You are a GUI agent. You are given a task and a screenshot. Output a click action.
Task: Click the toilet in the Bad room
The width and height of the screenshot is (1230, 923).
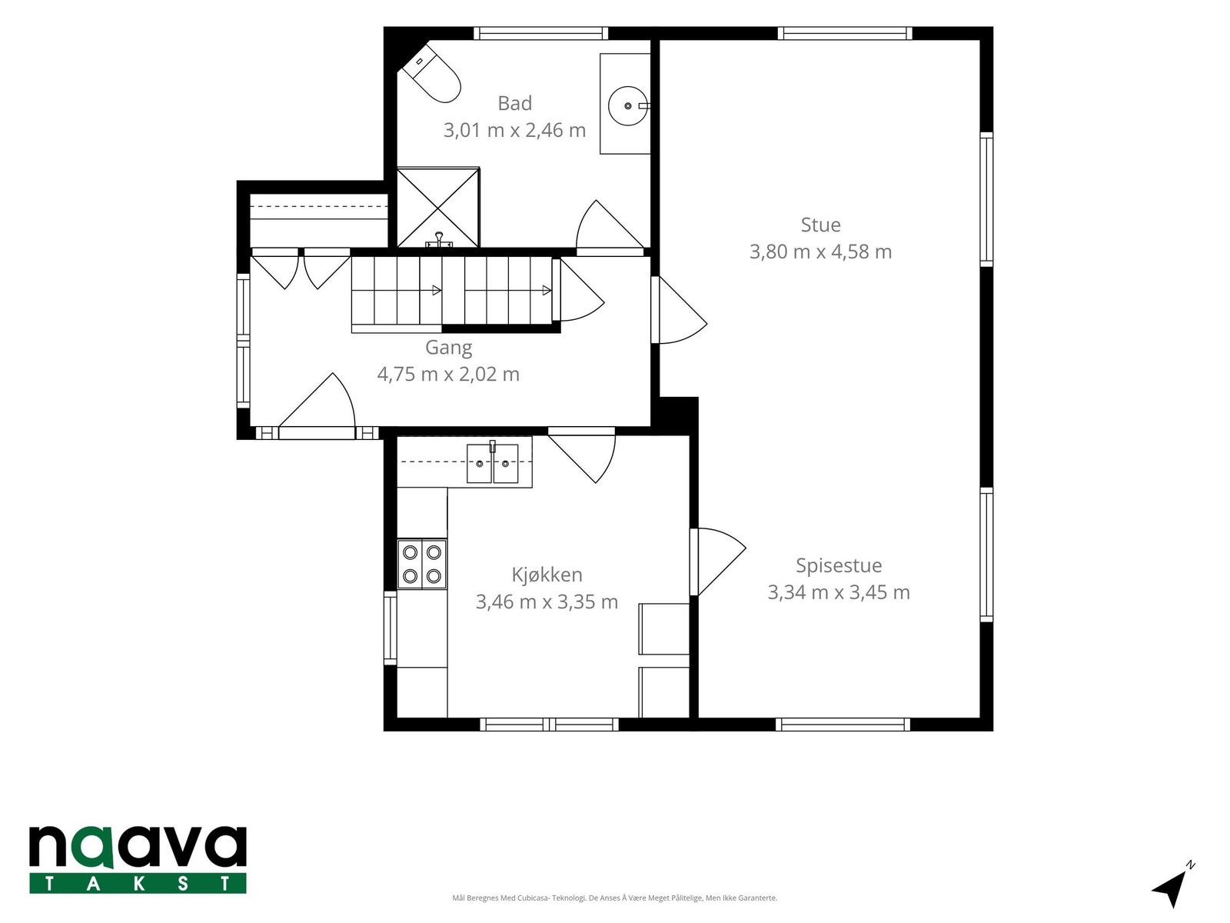[x=431, y=75]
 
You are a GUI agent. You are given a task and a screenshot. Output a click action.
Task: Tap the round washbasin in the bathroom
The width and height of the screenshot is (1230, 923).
[x=627, y=106]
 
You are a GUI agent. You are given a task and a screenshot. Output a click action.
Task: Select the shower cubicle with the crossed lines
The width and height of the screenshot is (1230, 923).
[x=437, y=208]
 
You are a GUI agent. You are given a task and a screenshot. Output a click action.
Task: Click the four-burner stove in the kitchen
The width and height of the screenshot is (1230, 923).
[x=422, y=564]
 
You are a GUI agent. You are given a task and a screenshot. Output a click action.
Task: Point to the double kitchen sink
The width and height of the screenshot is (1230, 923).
[x=493, y=464]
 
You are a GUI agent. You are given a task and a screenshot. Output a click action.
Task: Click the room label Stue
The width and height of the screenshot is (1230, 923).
[x=820, y=225]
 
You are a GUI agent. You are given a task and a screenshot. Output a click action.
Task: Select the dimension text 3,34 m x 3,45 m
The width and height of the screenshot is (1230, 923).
[x=838, y=592]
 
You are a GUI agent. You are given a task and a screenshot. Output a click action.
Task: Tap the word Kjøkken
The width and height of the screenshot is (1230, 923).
[x=547, y=575]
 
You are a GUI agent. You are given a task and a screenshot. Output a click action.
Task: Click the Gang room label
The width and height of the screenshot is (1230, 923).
[x=448, y=348]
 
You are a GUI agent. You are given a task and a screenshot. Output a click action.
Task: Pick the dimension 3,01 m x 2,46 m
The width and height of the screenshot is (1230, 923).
[x=514, y=131]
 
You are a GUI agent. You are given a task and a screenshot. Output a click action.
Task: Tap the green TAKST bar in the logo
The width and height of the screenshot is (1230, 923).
[x=138, y=884]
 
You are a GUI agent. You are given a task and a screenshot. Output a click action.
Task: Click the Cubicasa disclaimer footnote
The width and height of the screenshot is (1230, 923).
[x=615, y=898]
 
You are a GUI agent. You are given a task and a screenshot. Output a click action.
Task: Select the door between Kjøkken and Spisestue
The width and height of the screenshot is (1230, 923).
[x=718, y=561]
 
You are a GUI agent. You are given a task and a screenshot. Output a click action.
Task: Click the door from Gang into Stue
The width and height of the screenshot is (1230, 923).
[x=679, y=310]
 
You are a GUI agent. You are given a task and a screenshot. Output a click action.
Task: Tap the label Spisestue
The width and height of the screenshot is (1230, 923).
[x=838, y=565]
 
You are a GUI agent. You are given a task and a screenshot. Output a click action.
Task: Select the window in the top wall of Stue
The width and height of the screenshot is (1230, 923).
[x=844, y=33]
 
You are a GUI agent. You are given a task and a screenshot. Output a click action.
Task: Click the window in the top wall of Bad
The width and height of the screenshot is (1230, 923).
[x=540, y=33]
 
